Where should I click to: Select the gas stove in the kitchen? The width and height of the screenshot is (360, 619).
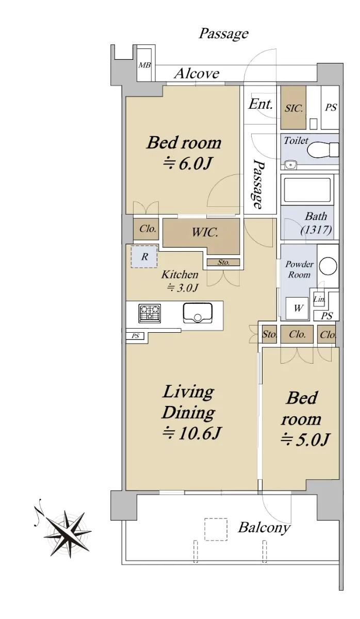tap(150, 314)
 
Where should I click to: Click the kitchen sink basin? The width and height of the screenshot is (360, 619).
tap(198, 313)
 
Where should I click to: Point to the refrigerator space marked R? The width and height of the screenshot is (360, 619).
tap(144, 257)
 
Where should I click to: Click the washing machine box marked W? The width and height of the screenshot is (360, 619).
tap(297, 308)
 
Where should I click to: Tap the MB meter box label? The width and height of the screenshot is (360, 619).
tap(144, 65)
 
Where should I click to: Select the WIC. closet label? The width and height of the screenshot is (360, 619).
tap(205, 233)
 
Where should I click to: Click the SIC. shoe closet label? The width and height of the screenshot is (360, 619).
tap(293, 108)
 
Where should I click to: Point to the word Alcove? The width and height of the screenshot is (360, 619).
tap(197, 74)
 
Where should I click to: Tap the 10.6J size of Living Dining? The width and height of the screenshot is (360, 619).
tap(191, 433)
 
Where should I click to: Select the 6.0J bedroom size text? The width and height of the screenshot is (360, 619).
tap(187, 164)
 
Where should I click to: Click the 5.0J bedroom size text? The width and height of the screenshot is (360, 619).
tap(305, 439)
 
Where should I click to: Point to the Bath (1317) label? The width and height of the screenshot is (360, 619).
tap(316, 223)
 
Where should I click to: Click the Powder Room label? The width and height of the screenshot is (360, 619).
tap(299, 269)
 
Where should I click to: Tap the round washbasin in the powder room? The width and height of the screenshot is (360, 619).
tap(328, 266)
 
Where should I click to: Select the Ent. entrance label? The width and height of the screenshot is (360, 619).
tap(260, 104)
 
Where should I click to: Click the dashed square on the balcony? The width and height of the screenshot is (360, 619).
tap(216, 529)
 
